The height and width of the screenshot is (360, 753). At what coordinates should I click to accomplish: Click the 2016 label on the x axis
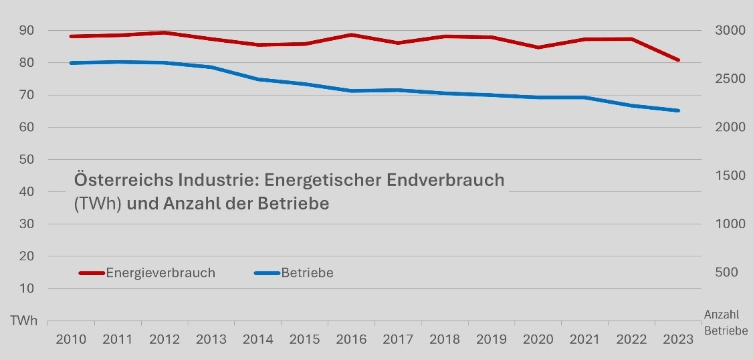[351, 339]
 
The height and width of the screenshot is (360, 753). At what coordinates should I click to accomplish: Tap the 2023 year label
[678, 339]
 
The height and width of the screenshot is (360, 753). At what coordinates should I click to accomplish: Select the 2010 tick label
[71, 339]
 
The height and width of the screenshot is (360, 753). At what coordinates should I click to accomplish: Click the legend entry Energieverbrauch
[160, 273]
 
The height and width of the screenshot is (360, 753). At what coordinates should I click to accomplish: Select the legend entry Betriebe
[307, 273]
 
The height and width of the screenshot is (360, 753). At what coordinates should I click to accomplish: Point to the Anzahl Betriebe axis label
[725, 322]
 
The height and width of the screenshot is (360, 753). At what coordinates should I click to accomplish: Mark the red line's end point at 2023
[678, 60]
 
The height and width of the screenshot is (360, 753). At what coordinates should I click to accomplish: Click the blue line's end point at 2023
[678, 110]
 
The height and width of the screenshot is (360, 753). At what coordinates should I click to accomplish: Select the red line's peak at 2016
[351, 35]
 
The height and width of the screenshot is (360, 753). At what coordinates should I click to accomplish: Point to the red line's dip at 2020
[538, 48]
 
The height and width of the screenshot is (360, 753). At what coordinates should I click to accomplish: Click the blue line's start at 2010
[71, 63]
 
